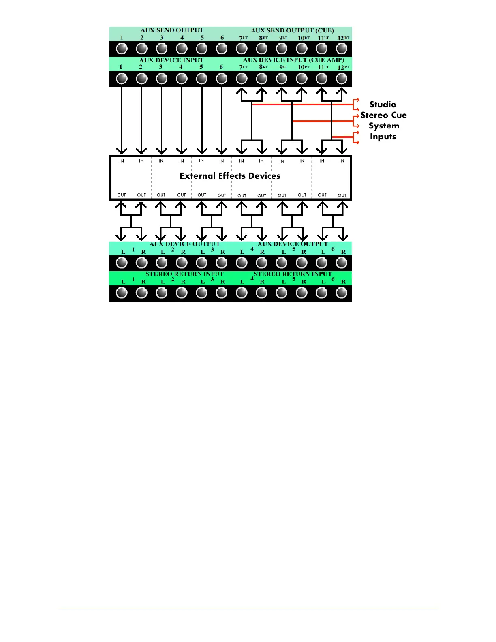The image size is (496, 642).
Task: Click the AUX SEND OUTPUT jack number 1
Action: (x=122, y=49)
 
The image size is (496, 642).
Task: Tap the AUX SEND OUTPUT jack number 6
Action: (x=222, y=49)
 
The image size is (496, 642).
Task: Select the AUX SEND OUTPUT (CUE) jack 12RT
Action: (x=342, y=49)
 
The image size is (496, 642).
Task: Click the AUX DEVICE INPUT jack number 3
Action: (x=162, y=79)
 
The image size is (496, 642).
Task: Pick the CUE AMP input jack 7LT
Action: (x=242, y=79)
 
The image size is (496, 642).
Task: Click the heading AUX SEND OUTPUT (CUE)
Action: (x=292, y=30)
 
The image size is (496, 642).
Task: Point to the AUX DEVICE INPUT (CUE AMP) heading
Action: (x=293, y=60)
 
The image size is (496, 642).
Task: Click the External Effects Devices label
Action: (x=230, y=176)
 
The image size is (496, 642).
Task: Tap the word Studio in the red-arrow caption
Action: (x=383, y=105)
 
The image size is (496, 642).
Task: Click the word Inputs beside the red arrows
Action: (x=383, y=137)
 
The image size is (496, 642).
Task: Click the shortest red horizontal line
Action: (x=342, y=137)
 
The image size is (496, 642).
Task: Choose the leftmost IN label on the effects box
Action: (x=122, y=161)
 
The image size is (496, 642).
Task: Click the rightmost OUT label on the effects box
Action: (x=342, y=195)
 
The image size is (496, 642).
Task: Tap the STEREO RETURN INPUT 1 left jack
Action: (x=122, y=293)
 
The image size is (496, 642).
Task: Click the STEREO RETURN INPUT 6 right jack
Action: (x=342, y=293)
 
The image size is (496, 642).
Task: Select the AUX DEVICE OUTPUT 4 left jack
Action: (x=242, y=263)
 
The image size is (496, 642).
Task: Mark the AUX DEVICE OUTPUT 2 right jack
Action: (x=182, y=263)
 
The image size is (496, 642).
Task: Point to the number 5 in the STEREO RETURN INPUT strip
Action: (x=294, y=279)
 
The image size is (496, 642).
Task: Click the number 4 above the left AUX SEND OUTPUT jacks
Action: (x=182, y=38)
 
